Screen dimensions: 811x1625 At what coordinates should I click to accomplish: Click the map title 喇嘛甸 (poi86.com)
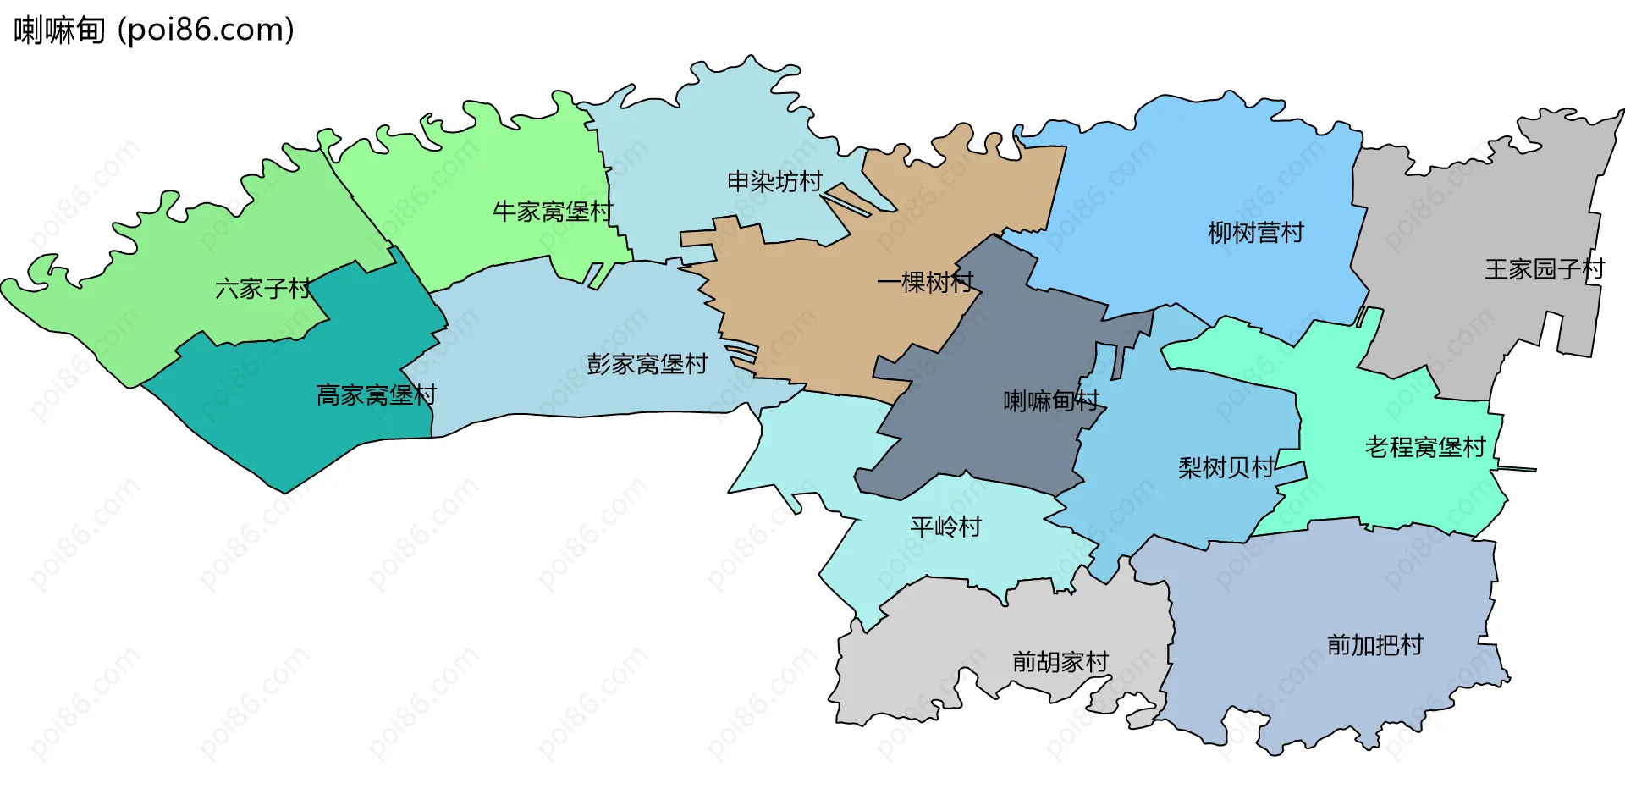154,30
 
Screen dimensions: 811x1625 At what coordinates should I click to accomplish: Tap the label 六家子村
263,289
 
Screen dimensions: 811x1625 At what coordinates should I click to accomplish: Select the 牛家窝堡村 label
553,211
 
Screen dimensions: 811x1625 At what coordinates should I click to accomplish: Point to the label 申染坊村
774,181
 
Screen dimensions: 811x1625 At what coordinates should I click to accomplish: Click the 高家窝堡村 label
376,394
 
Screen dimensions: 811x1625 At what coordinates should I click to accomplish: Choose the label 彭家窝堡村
647,364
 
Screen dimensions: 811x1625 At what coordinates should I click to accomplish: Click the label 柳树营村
1255,232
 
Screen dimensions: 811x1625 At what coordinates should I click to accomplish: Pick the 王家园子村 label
1544,269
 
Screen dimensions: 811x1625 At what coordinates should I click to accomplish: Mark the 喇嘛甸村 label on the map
1050,400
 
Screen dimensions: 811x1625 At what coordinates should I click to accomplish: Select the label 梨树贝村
1226,467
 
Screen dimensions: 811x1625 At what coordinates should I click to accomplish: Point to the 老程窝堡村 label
1424,447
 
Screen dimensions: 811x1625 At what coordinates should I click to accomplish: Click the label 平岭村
945,527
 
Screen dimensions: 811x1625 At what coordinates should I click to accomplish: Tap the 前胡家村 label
1060,661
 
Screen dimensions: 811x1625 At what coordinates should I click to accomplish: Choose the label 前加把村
1374,645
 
